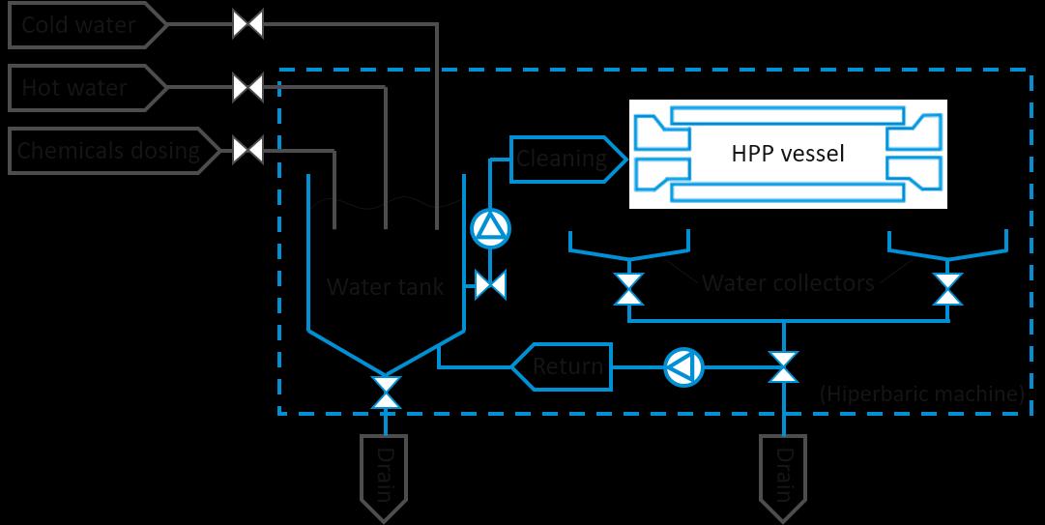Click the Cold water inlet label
coord(79,25)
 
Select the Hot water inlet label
coord(75,89)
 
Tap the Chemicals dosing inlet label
coord(108,151)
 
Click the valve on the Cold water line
coord(248,25)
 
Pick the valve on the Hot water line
coord(248,89)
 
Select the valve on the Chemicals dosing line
coord(248,151)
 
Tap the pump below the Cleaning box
coord(489,229)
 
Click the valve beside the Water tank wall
coord(491,285)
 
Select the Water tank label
coord(386,287)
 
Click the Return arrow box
coord(567,367)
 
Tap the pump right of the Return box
coord(683,367)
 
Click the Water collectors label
coord(788,283)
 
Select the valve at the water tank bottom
coord(386,392)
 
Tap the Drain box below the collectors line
coord(784,475)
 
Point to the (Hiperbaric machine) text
coord(921,394)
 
